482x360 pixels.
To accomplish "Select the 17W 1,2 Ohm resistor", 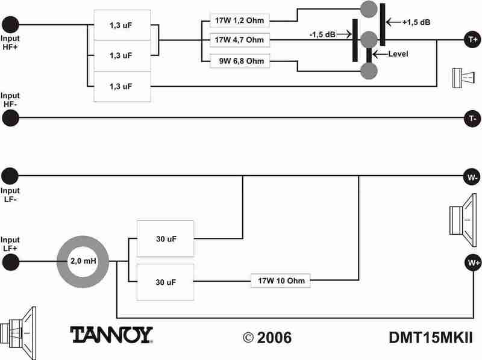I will [x=239, y=20].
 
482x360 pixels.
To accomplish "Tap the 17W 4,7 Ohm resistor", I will [x=239, y=40].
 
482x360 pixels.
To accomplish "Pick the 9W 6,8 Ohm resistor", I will [x=239, y=61].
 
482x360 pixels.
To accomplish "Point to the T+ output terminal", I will [x=472, y=40].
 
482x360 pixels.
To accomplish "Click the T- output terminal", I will [x=472, y=119].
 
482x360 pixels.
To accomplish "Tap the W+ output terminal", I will [x=472, y=262].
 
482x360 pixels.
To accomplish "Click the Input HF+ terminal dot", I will [x=10, y=25].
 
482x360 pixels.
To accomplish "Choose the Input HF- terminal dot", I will [x=10, y=119].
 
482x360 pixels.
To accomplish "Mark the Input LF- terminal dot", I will [x=10, y=176].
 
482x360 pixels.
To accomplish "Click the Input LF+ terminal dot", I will [x=10, y=262].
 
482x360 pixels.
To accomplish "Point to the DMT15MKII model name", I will [x=430, y=337].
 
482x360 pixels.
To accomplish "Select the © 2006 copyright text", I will [x=267, y=337].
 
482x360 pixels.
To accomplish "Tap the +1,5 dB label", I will [x=416, y=22].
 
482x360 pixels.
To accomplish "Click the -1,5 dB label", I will [x=322, y=34].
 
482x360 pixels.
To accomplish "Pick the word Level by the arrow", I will [x=398, y=54].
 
